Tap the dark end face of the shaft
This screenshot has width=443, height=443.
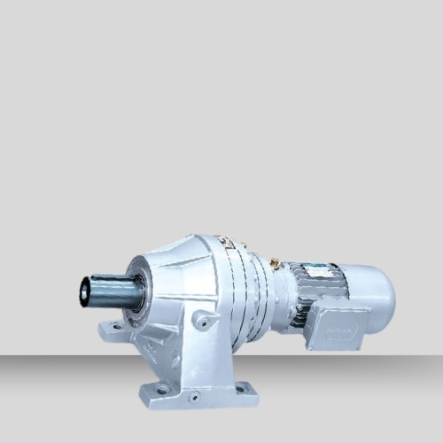(x=85, y=291)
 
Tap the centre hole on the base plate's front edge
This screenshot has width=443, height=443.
(x=194, y=397)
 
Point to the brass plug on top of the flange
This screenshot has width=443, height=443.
(x=276, y=263)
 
